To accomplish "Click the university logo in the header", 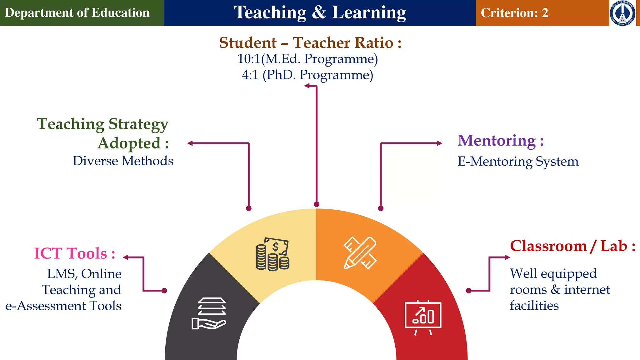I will [x=622, y=13].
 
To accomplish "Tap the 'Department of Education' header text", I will [x=77, y=13].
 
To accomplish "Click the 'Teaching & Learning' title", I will [x=320, y=13].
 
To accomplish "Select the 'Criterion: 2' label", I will [x=514, y=13].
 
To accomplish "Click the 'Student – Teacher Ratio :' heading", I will [x=310, y=43].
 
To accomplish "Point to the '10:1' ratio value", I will [x=249, y=59].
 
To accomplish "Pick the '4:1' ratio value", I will [x=250, y=75].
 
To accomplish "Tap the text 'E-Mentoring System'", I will [x=518, y=162].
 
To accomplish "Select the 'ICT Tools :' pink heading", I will [x=74, y=253].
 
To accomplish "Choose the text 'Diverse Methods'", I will [x=123, y=161].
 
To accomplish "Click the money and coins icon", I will [x=272, y=254].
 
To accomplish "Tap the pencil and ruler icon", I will [x=360, y=253].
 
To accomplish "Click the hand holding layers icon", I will [x=209, y=313].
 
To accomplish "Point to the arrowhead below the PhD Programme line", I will [x=307, y=86].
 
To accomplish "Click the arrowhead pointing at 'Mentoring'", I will [x=439, y=143].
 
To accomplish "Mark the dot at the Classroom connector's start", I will [x=468, y=291].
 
